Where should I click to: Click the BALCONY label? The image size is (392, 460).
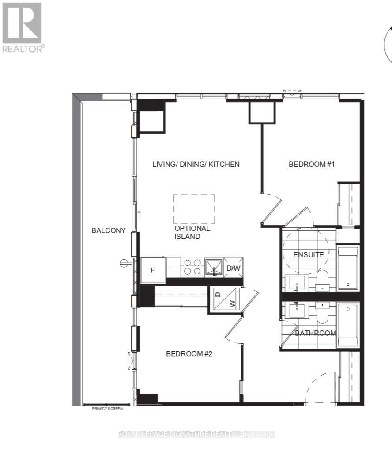(x=109, y=230)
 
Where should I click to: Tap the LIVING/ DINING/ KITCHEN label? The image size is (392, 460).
(x=196, y=165)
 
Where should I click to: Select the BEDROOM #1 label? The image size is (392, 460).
(x=312, y=165)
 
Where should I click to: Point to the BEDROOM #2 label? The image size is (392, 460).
(x=189, y=354)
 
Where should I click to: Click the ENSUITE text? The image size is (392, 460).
(x=309, y=255)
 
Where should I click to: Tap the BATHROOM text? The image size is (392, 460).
(x=316, y=333)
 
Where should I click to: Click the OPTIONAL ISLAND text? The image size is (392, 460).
(x=192, y=233)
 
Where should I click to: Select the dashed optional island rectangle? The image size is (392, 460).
(x=194, y=209)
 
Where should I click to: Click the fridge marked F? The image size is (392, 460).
(x=153, y=270)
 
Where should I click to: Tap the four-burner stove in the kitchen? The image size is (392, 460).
(x=192, y=268)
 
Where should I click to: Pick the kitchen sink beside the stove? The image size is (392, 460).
(x=215, y=268)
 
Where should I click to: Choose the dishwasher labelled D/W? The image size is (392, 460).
(x=233, y=268)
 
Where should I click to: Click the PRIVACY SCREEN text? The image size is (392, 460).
(x=107, y=409)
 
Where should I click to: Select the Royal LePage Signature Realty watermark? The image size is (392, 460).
(x=196, y=434)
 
